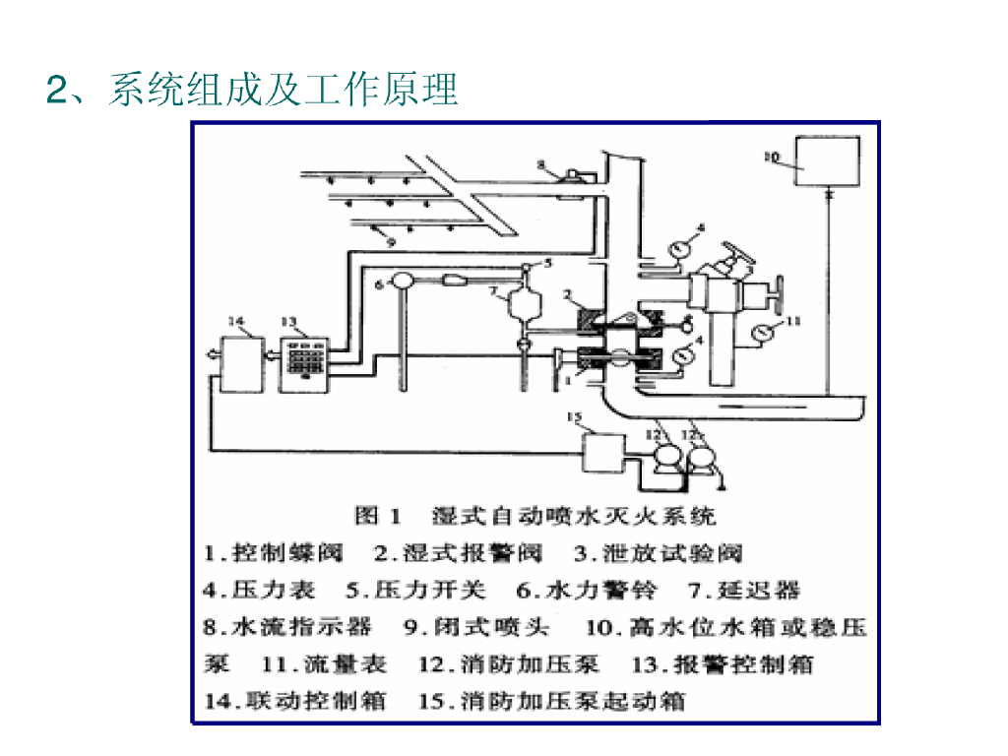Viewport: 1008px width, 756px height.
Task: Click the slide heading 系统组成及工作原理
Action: tap(252, 90)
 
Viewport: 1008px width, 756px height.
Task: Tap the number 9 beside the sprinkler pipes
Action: tap(388, 239)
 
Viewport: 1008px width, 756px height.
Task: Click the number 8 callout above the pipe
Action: tap(540, 163)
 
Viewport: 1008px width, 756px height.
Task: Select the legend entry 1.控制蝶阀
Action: tap(273, 552)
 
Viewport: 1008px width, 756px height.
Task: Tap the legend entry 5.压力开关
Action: tap(415, 591)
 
